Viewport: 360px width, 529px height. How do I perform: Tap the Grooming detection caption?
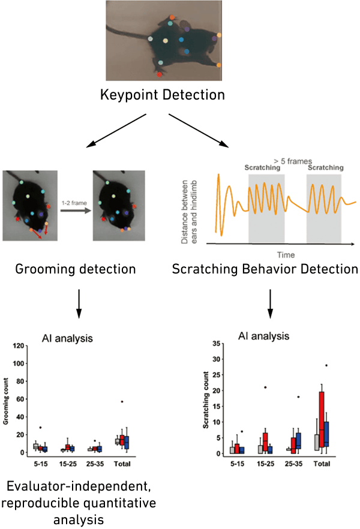[75, 268]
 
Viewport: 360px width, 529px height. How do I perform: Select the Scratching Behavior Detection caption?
[265, 268]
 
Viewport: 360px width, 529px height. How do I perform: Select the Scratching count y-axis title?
[205, 399]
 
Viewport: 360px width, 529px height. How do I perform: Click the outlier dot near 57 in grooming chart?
[122, 401]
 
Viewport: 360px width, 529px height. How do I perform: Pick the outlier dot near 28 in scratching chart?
[326, 365]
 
